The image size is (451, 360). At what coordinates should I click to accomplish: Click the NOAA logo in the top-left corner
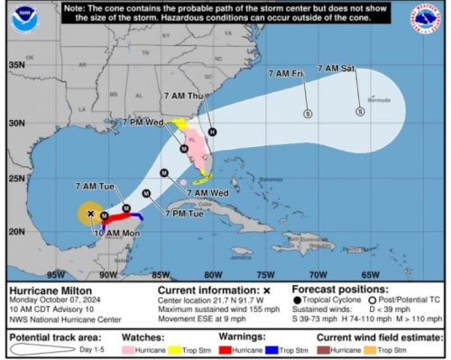tap(21, 15)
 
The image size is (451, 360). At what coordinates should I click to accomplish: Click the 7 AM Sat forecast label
tap(337, 69)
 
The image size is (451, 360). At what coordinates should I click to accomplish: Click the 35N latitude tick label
tap(16, 66)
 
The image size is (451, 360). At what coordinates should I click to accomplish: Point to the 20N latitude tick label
tap(16, 231)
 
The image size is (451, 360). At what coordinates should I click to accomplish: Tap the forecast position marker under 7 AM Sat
tap(360, 112)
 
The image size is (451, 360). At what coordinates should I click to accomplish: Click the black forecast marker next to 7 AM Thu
tap(213, 132)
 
